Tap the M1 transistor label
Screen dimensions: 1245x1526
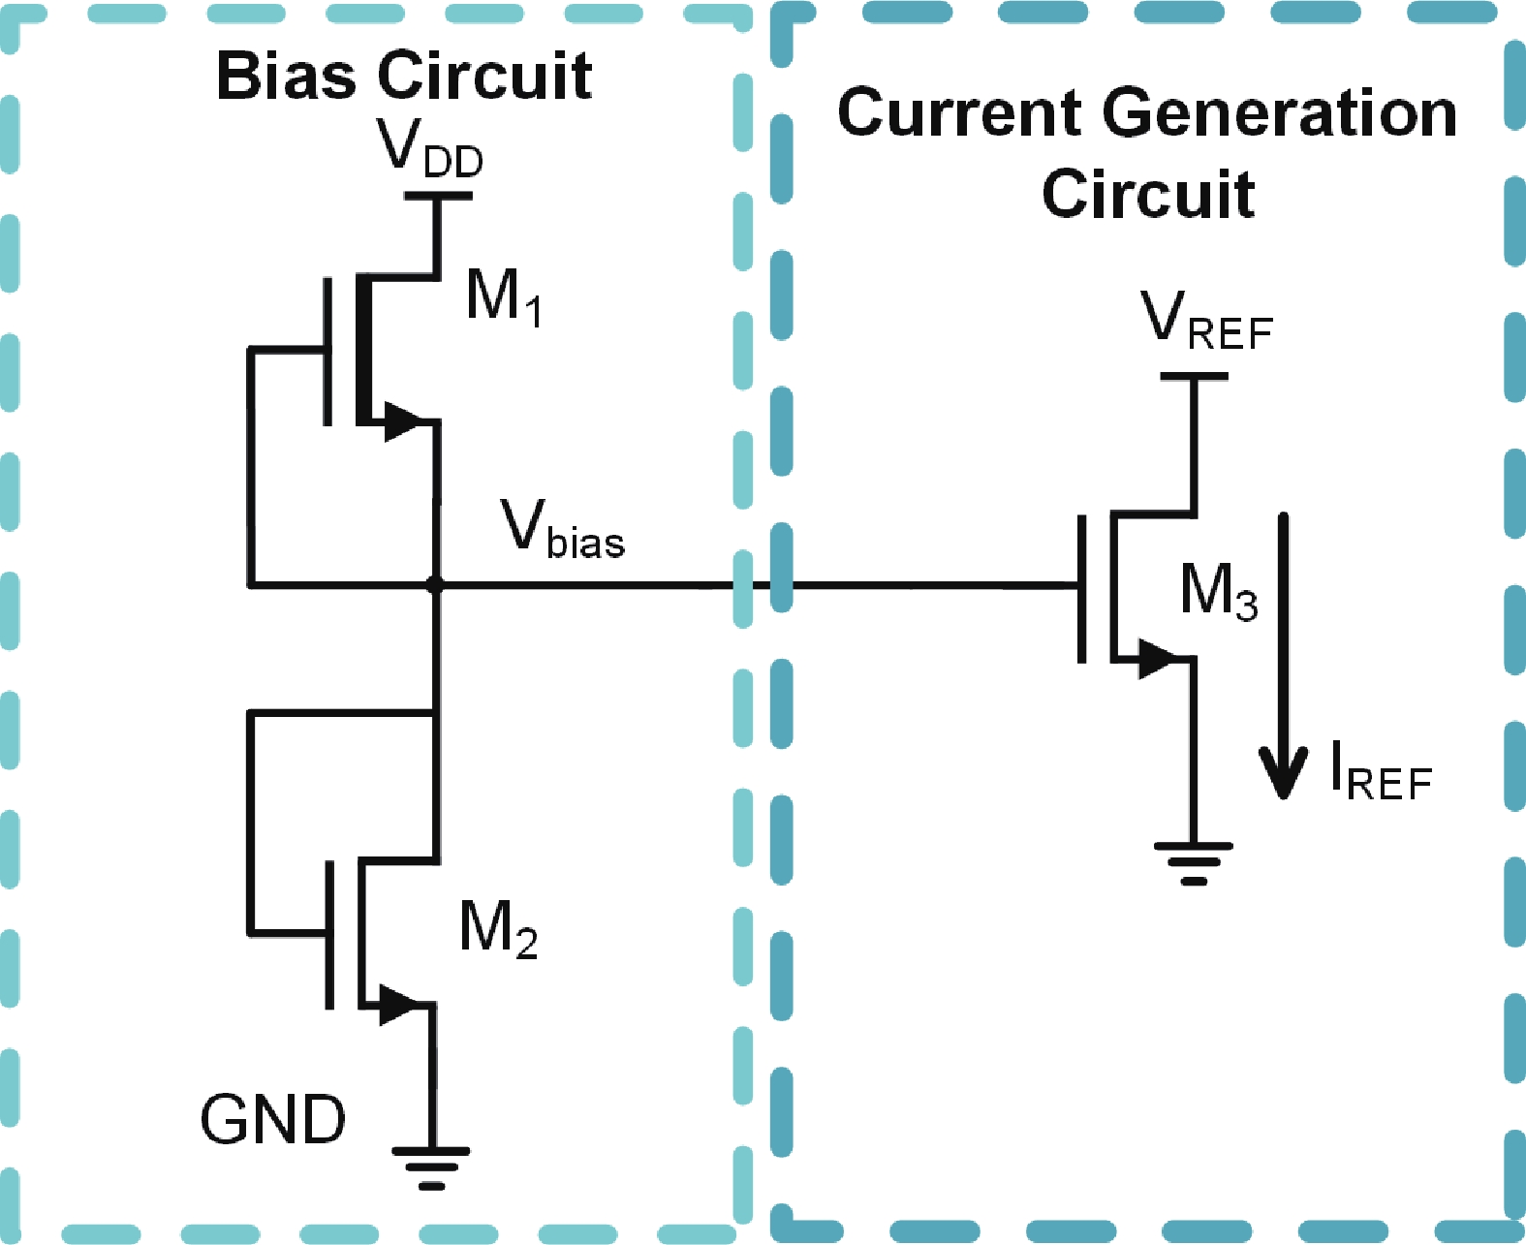503,296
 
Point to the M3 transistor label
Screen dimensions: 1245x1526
1219,591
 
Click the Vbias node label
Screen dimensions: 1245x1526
562,530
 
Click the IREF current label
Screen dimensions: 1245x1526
1381,772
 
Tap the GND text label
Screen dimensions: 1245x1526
272,1120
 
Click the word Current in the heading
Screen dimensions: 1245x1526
960,112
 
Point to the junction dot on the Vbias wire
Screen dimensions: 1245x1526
435,585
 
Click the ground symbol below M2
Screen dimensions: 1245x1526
431,1167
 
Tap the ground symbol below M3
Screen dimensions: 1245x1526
1194,862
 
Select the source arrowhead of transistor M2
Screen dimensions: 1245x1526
400,1005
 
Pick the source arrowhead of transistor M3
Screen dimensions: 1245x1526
1157,659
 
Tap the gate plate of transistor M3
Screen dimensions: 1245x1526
1082,588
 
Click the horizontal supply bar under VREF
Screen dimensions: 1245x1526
1194,376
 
